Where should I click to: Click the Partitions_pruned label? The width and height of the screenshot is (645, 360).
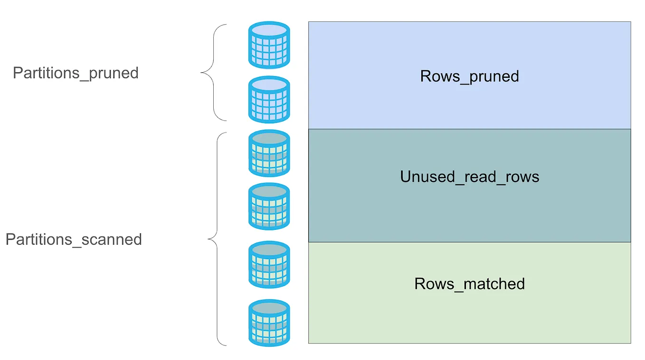click(76, 73)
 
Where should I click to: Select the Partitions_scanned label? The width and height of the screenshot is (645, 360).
click(74, 239)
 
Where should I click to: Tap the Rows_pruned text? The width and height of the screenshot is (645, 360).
click(469, 76)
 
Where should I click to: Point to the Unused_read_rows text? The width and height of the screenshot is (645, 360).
click(469, 177)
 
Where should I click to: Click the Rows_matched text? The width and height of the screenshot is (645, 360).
click(469, 284)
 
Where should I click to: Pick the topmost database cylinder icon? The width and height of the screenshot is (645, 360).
click(269, 45)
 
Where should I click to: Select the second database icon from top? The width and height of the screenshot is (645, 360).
click(269, 100)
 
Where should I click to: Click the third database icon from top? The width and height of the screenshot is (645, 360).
click(269, 153)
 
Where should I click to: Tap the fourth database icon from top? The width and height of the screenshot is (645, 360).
click(269, 207)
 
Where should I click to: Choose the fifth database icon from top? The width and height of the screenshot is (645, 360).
click(269, 265)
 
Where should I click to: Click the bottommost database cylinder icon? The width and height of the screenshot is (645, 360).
click(269, 323)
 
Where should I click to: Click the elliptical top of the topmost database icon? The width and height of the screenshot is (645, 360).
click(269, 30)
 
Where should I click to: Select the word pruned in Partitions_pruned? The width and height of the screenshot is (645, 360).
click(114, 73)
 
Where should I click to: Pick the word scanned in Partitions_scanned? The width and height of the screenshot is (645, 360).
click(112, 239)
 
